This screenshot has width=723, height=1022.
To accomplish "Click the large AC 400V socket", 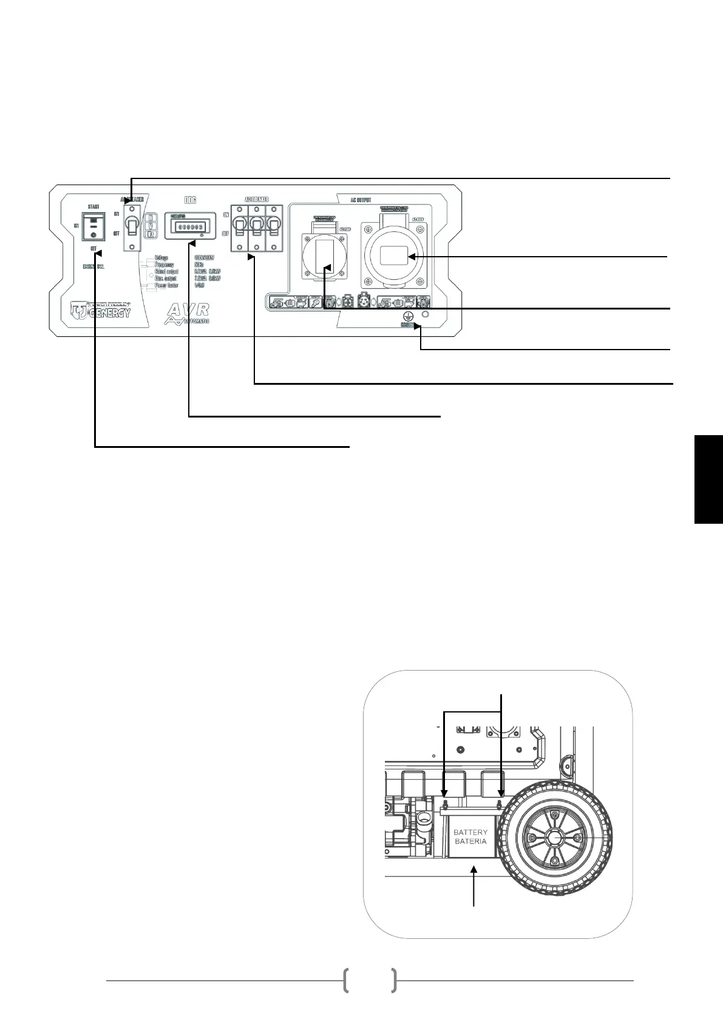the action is coord(393,255).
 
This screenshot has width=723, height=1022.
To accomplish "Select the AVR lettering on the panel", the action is coord(188,309).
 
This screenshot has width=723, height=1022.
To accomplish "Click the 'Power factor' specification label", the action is coord(166,285).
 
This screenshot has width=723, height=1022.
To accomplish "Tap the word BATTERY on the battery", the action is coord(470,833).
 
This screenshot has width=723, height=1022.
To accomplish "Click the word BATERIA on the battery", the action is coord(470,841).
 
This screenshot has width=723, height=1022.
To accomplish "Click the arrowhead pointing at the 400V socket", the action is coord(411,257).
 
